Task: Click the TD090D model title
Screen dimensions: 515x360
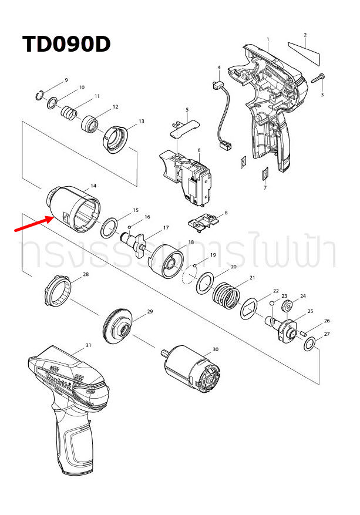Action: pyautogui.click(x=66, y=45)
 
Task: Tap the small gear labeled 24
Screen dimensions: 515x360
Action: pyautogui.click(x=287, y=306)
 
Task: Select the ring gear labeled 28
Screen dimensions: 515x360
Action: pyautogui.click(x=58, y=292)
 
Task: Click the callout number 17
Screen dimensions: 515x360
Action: pyautogui.click(x=166, y=227)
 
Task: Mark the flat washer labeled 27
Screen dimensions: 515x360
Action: pyautogui.click(x=309, y=343)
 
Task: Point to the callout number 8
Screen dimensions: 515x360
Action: pyautogui.click(x=226, y=212)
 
